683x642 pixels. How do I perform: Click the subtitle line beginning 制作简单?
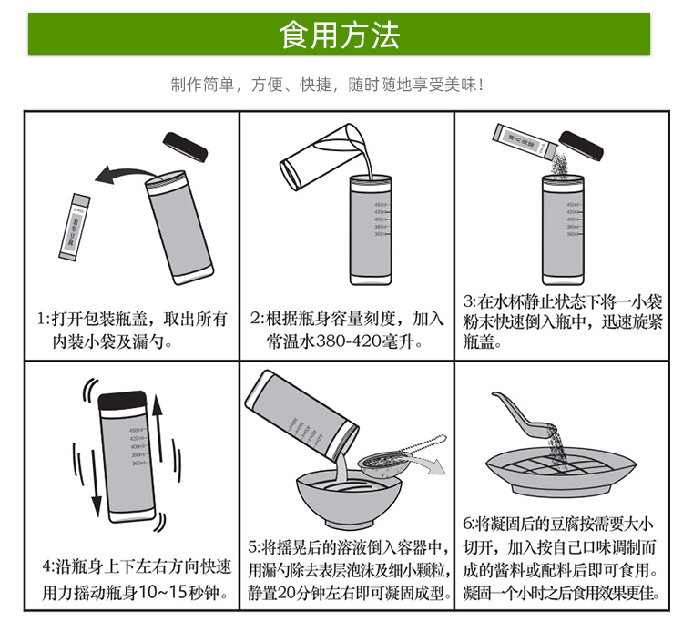[326, 86]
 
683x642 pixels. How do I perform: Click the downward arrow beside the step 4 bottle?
[94, 487]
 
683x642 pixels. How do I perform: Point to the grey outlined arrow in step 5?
[436, 468]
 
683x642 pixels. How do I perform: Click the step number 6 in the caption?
[470, 525]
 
